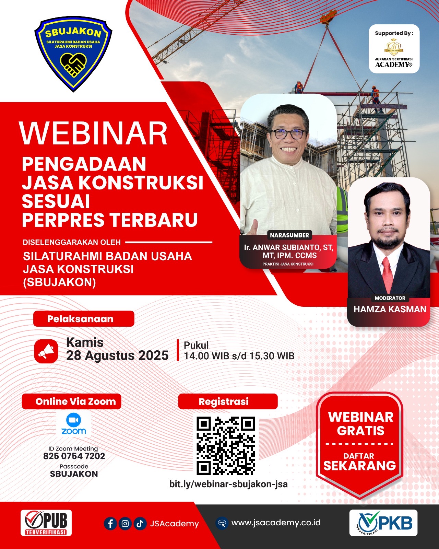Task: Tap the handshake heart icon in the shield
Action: click(73, 65)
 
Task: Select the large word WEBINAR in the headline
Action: click(93, 133)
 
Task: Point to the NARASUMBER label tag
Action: click(289, 235)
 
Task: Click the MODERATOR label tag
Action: click(390, 298)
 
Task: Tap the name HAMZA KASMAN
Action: click(390, 309)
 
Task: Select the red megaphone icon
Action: click(46, 351)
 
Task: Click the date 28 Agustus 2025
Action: click(117, 355)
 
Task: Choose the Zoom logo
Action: click(73, 424)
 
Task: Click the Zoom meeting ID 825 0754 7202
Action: click(74, 456)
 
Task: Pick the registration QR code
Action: click(226, 446)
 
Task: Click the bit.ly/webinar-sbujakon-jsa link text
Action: click(228, 484)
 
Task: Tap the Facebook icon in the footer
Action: click(110, 524)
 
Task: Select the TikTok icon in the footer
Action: click(140, 524)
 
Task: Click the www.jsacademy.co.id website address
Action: click(276, 523)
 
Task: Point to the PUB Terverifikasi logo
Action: click(46, 523)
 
